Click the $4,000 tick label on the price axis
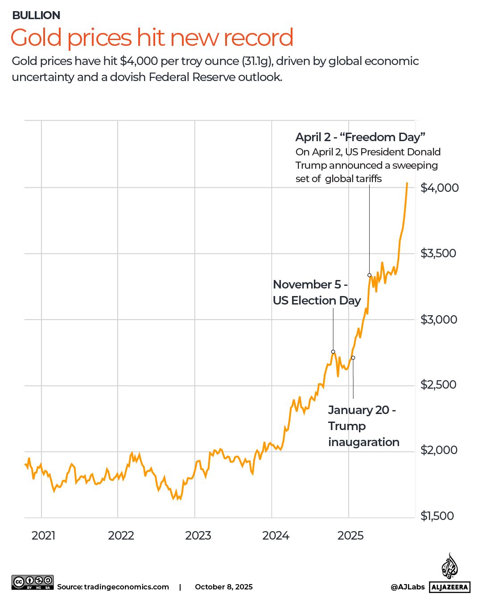coord(439,187)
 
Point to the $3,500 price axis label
coord(438,253)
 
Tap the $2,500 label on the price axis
coord(438,385)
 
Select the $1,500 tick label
coord(437,516)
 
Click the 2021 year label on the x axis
coord(44,535)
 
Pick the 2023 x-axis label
coord(198,535)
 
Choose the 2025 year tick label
coord(350,535)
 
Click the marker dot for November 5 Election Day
coord(333,352)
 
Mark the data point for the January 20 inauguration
coord(353,357)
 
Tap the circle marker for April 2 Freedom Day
coord(369,275)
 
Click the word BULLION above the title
coord(36,15)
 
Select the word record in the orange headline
coord(258,37)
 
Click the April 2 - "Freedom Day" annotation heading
coord(360,137)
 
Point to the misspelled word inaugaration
coord(363,442)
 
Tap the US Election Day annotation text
coord(317,300)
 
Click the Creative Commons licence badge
coord(33,582)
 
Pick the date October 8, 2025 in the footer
coord(223,587)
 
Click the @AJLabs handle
coord(408,587)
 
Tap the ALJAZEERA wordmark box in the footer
coord(450,587)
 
